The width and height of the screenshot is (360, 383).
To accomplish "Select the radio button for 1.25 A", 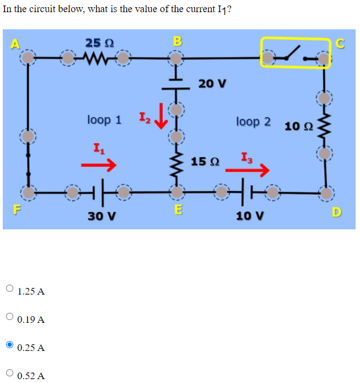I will [10, 288].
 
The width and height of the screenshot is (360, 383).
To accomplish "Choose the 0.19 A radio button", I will [10, 317].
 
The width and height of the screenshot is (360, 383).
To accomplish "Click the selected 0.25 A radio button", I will [10, 345].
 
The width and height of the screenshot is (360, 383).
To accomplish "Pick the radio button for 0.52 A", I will [10, 374].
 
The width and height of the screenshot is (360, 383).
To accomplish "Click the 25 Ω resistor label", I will [100, 43].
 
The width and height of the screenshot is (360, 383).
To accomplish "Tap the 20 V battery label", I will [212, 83].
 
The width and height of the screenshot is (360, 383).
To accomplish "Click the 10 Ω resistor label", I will [299, 127].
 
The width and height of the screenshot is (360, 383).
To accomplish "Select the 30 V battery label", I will [102, 216].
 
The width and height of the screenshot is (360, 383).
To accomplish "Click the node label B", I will [177, 41].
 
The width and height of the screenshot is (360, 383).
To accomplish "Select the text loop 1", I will [104, 119].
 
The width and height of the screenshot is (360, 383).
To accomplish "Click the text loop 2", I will [253, 121].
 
